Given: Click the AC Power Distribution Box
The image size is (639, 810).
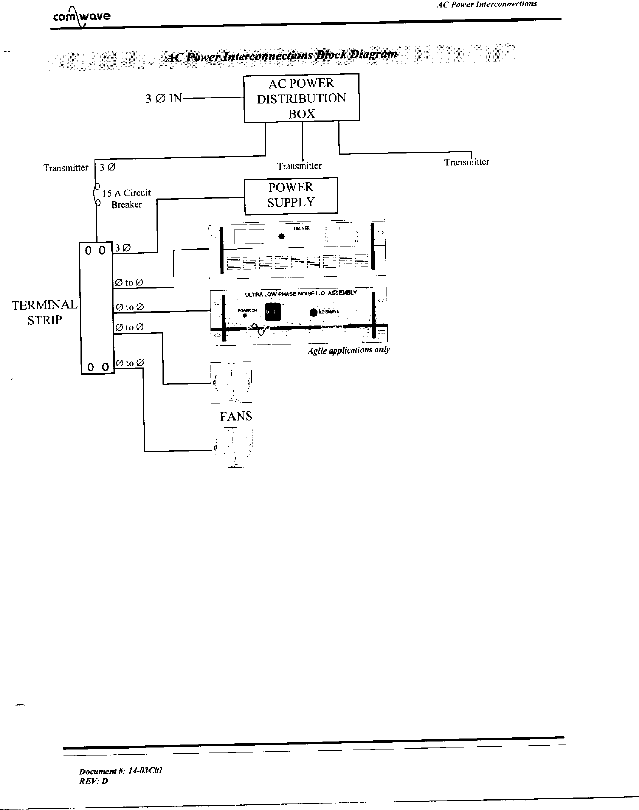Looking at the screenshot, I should (301, 98).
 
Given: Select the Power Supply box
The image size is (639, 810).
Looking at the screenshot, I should (291, 195).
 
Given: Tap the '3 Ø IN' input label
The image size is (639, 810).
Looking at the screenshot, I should (164, 98).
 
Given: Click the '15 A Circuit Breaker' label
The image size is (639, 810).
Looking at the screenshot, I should (126, 199).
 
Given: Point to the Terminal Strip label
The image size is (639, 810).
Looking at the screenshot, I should (45, 313).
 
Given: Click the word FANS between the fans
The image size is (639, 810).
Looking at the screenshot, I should (236, 416).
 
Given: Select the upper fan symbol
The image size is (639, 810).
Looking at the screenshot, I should (232, 382).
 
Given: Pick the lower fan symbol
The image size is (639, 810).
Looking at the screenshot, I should (232, 449).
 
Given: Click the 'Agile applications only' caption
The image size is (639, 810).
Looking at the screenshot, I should (349, 350).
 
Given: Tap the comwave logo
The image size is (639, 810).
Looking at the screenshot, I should (80, 17).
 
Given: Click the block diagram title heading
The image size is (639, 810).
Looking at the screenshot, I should (281, 55).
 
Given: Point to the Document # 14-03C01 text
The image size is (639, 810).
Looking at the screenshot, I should (121, 771).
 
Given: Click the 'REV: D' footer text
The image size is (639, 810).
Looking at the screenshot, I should (94, 781).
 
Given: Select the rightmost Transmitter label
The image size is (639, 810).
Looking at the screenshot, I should (466, 162).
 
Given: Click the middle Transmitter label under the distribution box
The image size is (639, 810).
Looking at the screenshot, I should (299, 166).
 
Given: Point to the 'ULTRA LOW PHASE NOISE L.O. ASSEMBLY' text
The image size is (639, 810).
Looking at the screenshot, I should (301, 293).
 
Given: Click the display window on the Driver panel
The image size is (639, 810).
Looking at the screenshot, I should (249, 237).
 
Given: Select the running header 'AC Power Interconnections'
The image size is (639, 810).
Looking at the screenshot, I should (486, 4).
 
